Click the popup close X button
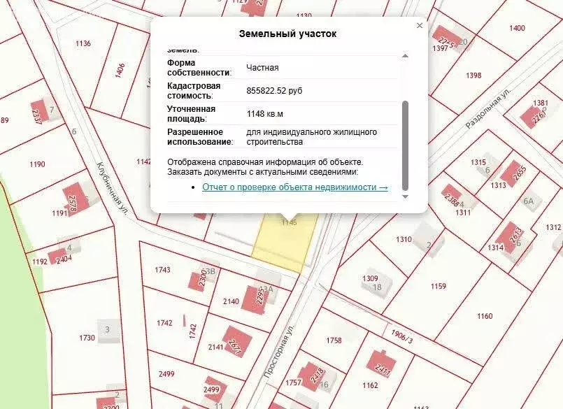coord(420,26)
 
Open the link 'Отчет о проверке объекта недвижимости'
coord(294,187)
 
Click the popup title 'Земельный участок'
coord(287,34)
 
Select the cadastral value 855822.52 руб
coord(274,91)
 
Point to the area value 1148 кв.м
coord(264,113)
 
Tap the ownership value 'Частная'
coord(262,68)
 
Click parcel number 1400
coord(517,28)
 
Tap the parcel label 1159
coord(438,286)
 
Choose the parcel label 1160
coord(485,316)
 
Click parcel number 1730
coord(87,338)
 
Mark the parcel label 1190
coord(38,165)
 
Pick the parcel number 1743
coord(162,270)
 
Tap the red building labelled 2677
coord(236,340)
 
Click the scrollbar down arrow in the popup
coord(405,196)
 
